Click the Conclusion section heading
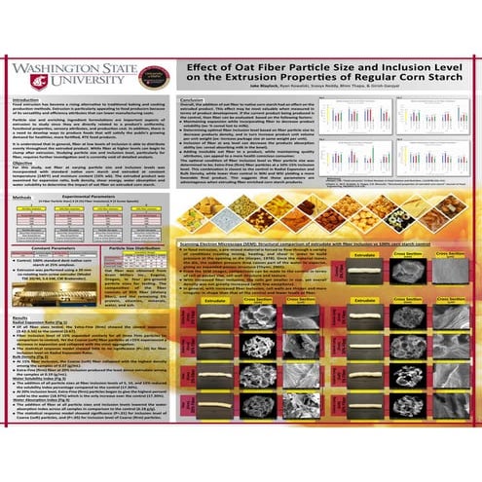[193, 100]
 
